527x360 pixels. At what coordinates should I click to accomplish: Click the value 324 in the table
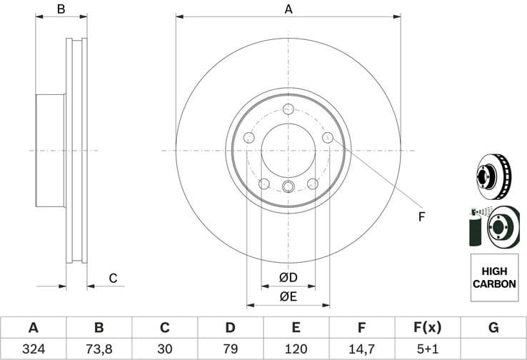(33, 350)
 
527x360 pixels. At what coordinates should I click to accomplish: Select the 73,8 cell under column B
(99, 350)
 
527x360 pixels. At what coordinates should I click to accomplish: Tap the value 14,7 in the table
(362, 350)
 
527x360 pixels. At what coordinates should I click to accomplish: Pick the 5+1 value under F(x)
(428, 350)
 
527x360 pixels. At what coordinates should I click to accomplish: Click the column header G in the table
(493, 328)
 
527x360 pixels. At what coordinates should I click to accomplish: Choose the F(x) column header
(428, 328)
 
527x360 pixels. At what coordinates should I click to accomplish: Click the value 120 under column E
(296, 350)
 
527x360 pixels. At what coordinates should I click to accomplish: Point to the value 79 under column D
(231, 350)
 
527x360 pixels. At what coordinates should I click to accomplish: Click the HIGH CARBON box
(493, 278)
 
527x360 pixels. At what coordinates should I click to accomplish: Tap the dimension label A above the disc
(288, 9)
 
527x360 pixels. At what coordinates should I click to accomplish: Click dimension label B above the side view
(61, 9)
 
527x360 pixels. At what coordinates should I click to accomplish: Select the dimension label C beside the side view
(112, 278)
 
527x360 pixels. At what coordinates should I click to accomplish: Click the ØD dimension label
(288, 277)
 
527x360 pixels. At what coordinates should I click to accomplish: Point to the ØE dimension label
(288, 296)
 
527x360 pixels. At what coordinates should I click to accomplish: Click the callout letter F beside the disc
(421, 216)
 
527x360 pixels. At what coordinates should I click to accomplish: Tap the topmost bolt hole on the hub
(288, 109)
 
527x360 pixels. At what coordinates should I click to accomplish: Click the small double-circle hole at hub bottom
(288, 187)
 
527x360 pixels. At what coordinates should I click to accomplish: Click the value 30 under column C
(165, 350)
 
